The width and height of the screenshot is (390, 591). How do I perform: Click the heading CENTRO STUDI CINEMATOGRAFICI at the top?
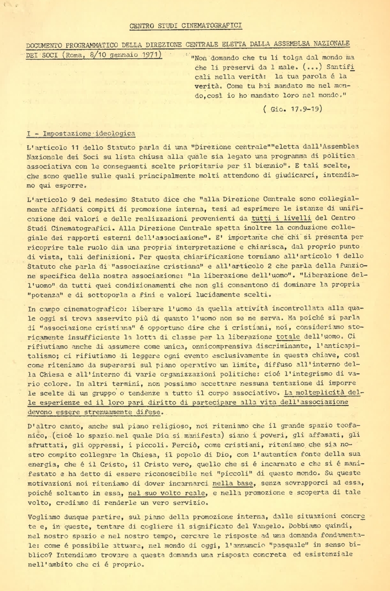[x=186, y=26]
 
